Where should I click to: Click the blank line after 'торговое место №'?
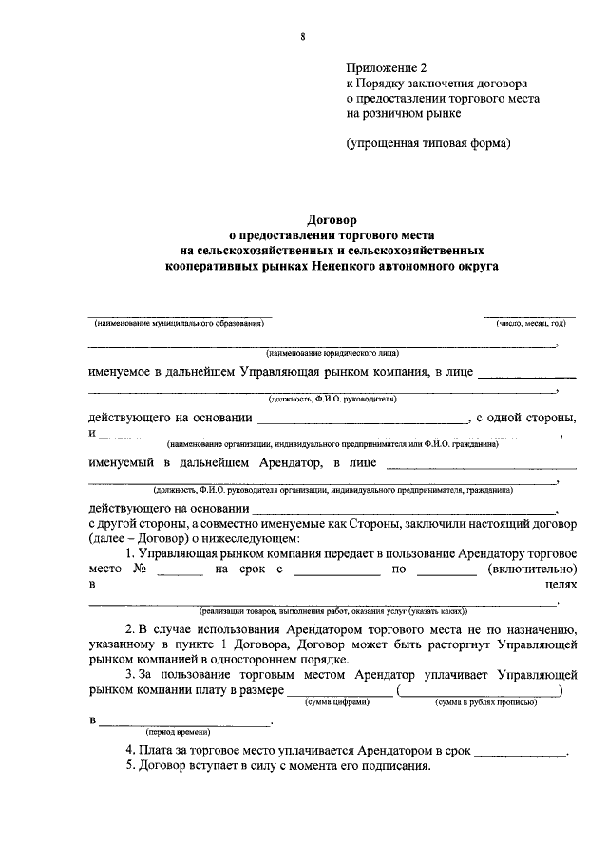coord(180,571)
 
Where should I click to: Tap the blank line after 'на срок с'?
coord(337,571)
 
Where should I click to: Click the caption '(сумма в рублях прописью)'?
coord(485,702)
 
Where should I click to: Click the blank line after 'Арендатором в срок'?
coord(520,754)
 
